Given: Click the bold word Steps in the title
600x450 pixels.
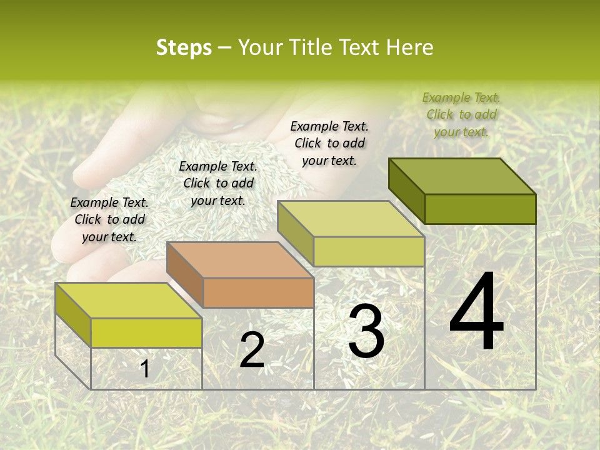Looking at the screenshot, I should pos(184,47).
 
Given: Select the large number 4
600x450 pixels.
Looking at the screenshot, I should pos(477,312).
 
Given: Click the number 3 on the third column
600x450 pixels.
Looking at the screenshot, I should pos(366,331).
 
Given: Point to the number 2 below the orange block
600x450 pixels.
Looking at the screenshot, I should pos(252,350).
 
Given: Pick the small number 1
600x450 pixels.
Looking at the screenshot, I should pos(144,369).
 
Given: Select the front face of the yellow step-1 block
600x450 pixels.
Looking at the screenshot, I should pos(146,332).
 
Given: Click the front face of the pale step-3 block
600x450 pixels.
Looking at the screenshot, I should pos(369,251).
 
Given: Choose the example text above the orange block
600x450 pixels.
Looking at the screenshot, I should pos(218,184).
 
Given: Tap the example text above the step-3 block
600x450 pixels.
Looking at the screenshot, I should pos(329,143).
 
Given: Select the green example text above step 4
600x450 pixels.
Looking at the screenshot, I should pos(461,114).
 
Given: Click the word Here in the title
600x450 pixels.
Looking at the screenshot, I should pos(409,47).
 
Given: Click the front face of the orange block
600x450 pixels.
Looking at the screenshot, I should pos(258,292).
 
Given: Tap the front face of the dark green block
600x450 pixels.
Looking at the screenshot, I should pos(480,209).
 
